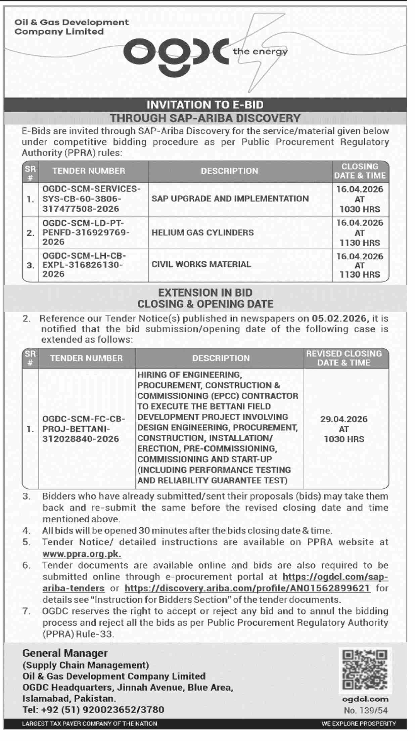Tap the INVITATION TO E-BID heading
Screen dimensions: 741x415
(x=205, y=105)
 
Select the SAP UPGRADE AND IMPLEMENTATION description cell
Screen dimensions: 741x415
(x=230, y=199)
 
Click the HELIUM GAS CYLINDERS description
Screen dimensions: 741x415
(x=202, y=232)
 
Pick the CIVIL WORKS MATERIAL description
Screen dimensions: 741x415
(x=201, y=264)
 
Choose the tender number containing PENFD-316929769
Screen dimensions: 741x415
(x=86, y=232)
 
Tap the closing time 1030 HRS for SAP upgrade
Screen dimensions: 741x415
(x=360, y=209)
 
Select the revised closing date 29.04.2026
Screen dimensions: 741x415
(x=344, y=419)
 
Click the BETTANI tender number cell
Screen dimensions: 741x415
(x=84, y=429)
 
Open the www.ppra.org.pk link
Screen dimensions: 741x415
(x=82, y=554)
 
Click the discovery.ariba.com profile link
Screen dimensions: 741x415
(x=247, y=588)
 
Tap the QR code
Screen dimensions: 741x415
(x=364, y=670)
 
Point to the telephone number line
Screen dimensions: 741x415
(x=93, y=709)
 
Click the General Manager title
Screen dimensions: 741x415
(x=65, y=653)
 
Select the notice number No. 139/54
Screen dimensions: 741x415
(x=366, y=710)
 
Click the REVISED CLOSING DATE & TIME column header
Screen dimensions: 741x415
(x=344, y=358)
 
